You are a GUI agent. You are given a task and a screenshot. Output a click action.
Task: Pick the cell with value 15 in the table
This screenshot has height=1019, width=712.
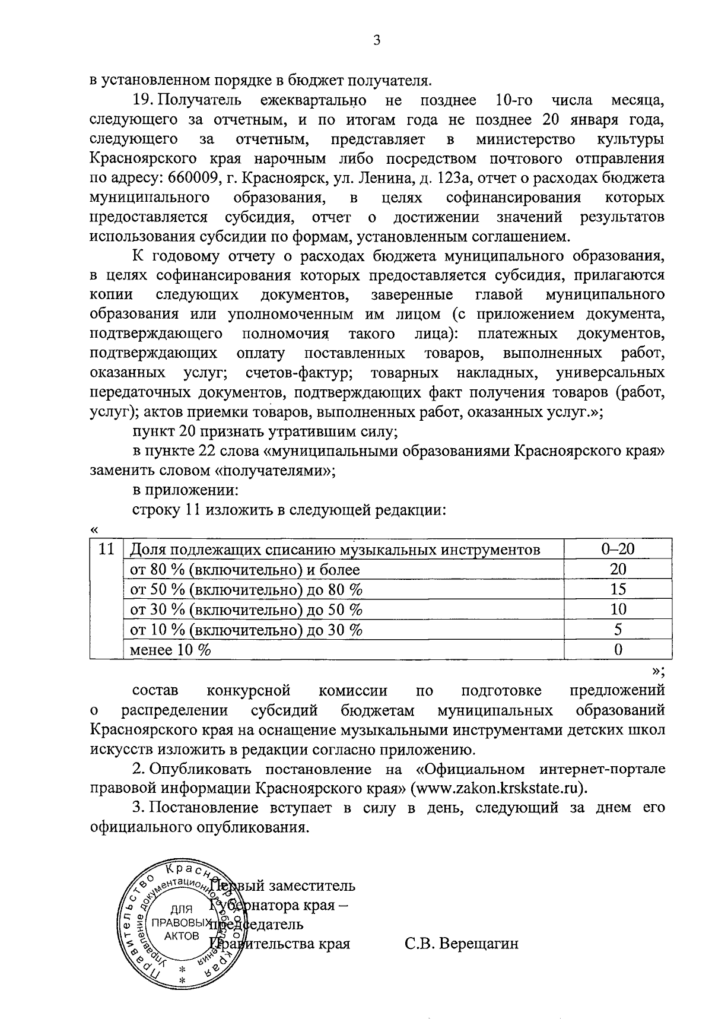tap(618, 589)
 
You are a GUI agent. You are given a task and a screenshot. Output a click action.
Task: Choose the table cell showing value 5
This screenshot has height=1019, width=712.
tap(618, 629)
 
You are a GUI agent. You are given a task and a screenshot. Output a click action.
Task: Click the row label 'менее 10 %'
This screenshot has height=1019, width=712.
tap(171, 649)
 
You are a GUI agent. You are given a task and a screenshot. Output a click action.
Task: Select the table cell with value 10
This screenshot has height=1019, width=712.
tap(618, 610)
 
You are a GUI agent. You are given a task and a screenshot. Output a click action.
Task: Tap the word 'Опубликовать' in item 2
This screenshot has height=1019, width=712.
tap(201, 769)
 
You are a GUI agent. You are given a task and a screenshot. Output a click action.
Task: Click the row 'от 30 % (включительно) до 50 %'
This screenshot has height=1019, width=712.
tap(246, 610)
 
